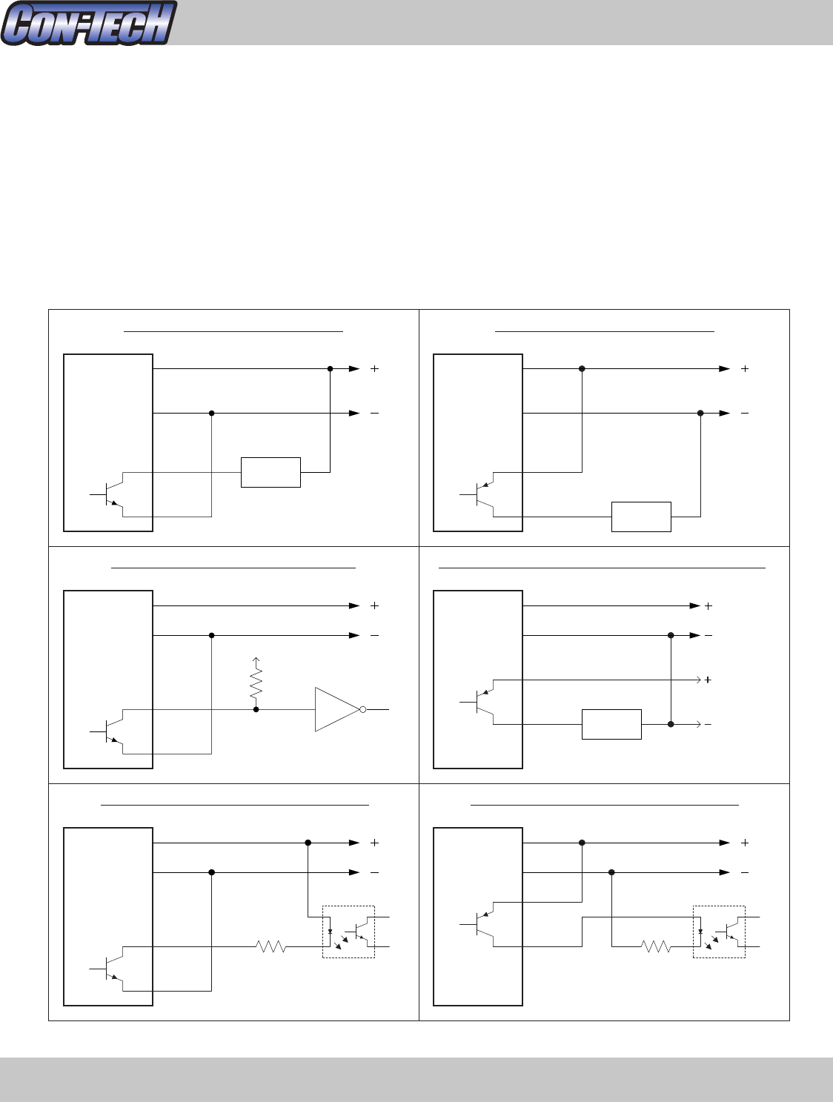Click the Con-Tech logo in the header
pyautogui.click(x=89, y=23)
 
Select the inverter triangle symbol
pyautogui.click(x=336, y=709)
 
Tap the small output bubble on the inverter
pyautogui.click(x=362, y=709)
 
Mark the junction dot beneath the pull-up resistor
pyautogui.click(x=256, y=709)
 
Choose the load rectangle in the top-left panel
pyautogui.click(x=271, y=472)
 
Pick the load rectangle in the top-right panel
pyautogui.click(x=641, y=517)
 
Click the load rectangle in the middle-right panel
pyautogui.click(x=611, y=724)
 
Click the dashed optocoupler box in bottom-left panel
pyautogui.click(x=348, y=932)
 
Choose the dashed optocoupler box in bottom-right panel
pyautogui.click(x=719, y=932)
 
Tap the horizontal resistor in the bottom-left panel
pyautogui.click(x=271, y=946)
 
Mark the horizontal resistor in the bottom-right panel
pyautogui.click(x=656, y=946)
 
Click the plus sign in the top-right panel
pyautogui.click(x=745, y=368)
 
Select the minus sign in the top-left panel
pyautogui.click(x=374, y=413)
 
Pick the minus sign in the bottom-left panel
pyautogui.click(x=374, y=872)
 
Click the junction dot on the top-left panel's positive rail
pyautogui.click(x=330, y=368)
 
